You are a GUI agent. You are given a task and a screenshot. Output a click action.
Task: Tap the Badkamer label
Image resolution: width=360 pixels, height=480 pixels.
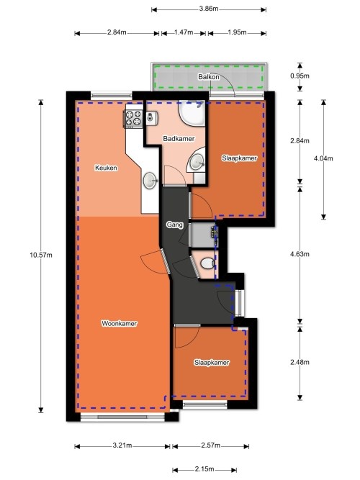[x=176, y=138]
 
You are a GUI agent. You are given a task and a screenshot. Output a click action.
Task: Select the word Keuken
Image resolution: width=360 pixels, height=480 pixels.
[x=106, y=168]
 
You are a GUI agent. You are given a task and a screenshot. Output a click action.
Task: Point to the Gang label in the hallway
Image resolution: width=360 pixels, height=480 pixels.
[x=174, y=225]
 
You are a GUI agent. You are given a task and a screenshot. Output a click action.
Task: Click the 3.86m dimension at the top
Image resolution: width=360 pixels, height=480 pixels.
[x=209, y=9]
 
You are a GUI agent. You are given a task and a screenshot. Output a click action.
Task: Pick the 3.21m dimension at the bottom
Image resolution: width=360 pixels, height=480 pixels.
[x=122, y=446]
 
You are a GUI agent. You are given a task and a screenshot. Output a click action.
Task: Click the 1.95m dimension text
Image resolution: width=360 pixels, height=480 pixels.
[x=236, y=33]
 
